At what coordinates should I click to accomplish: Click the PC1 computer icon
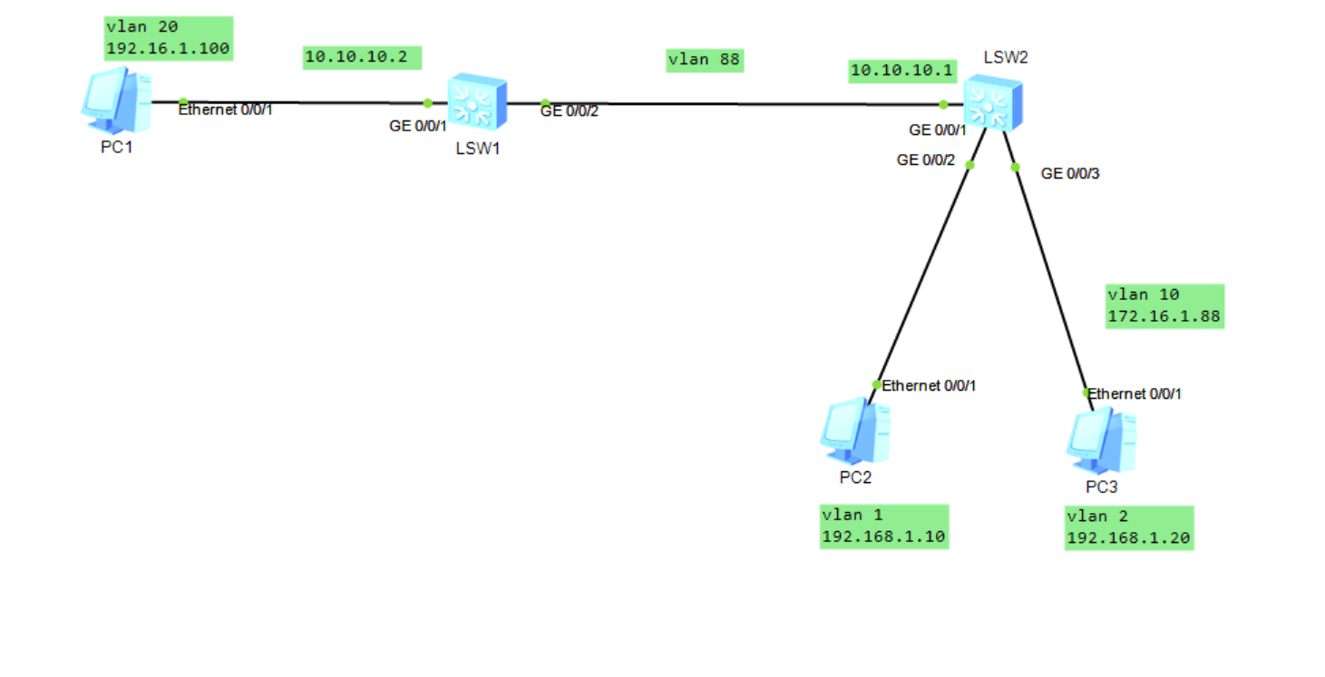[115, 101]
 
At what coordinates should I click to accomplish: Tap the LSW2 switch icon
[992, 102]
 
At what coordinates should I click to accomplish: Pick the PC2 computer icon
[854, 431]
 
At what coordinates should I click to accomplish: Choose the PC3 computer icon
[1101, 441]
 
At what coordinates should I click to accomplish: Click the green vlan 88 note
[704, 60]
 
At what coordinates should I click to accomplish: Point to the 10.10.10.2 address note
[363, 57]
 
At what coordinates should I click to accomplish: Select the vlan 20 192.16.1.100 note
[169, 38]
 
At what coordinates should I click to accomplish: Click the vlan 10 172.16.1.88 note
[1164, 306]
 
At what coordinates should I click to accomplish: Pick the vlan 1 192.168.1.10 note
[883, 527]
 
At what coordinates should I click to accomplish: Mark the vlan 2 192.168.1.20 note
[1128, 527]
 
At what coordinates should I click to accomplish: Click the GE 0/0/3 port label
[1070, 174]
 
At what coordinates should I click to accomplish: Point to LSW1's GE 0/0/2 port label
[570, 111]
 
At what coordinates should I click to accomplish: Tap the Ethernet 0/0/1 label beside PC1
[225, 111]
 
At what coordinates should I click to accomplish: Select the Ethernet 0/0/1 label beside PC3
[1135, 394]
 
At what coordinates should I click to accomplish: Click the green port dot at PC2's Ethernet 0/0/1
[876, 384]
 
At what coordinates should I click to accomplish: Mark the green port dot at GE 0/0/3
[1016, 167]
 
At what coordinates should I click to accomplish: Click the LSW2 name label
[1006, 58]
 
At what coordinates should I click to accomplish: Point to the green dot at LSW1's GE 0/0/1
[428, 102]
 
